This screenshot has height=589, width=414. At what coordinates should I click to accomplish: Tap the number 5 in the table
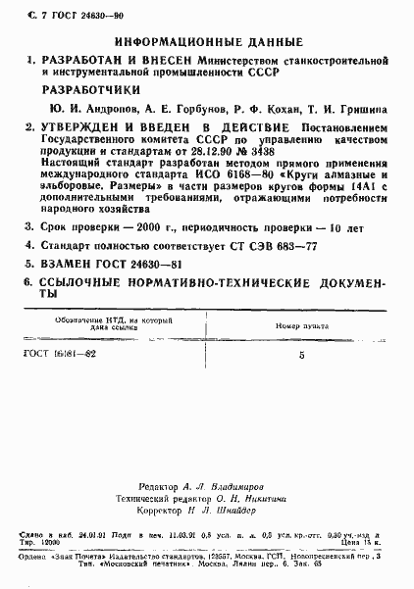pyautogui.click(x=301, y=358)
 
